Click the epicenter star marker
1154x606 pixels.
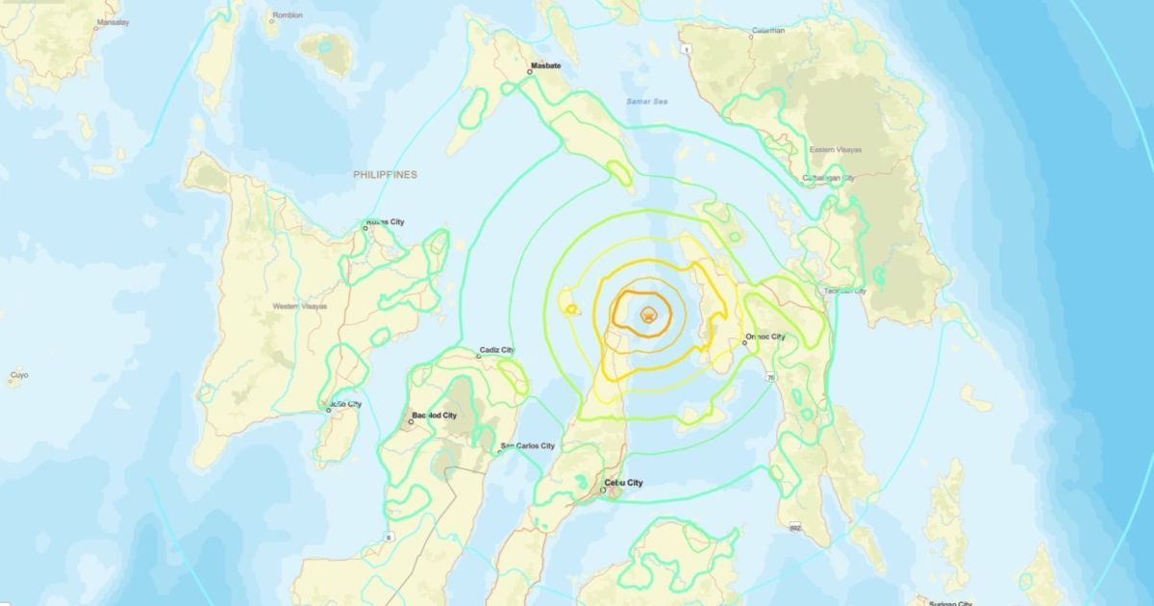[649, 314]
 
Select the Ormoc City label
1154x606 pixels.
[765, 337]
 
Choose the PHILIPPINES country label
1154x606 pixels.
[385, 174]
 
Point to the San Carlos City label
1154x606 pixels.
[528, 445]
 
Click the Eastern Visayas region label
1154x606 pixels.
[836, 150]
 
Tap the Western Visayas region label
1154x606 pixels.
[300, 306]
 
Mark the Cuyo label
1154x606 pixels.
[19, 374]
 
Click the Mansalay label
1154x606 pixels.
[113, 21]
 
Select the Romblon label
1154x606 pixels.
[288, 15]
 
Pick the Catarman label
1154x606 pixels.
[768, 30]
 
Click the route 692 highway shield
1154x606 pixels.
[795, 527]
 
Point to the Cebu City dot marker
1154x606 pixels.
[604, 492]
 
